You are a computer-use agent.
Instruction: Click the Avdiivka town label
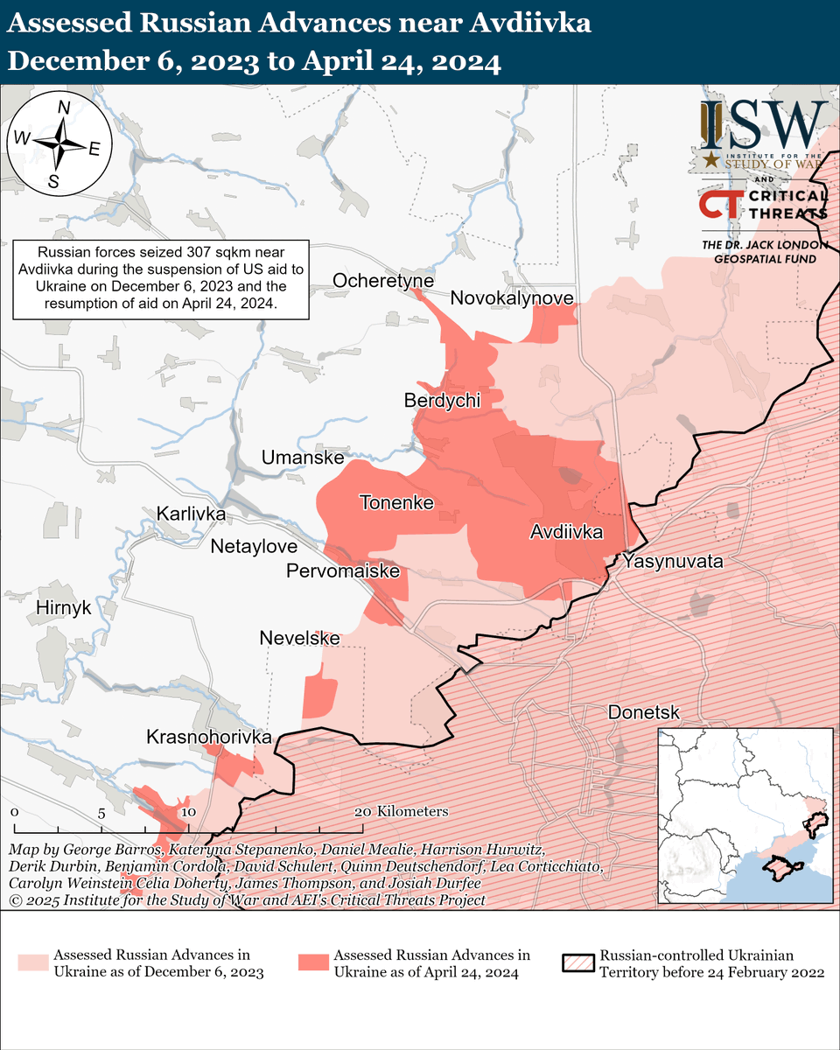[566, 532]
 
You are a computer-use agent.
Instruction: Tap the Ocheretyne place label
[383, 280]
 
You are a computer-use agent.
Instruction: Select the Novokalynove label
[512, 299]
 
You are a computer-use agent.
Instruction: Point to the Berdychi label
[442, 401]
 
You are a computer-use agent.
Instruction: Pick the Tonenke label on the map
[396, 503]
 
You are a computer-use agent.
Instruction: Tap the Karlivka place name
[191, 514]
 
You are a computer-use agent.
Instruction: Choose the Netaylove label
[255, 547]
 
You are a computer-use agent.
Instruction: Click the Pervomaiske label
[343, 571]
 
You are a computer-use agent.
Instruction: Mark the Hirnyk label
[64, 607]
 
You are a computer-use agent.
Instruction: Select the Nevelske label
[299, 639]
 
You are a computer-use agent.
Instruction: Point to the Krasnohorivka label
[209, 737]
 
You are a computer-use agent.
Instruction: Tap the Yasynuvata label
[673, 562]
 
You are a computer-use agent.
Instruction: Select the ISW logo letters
[764, 124]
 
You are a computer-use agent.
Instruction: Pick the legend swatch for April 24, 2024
[311, 962]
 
